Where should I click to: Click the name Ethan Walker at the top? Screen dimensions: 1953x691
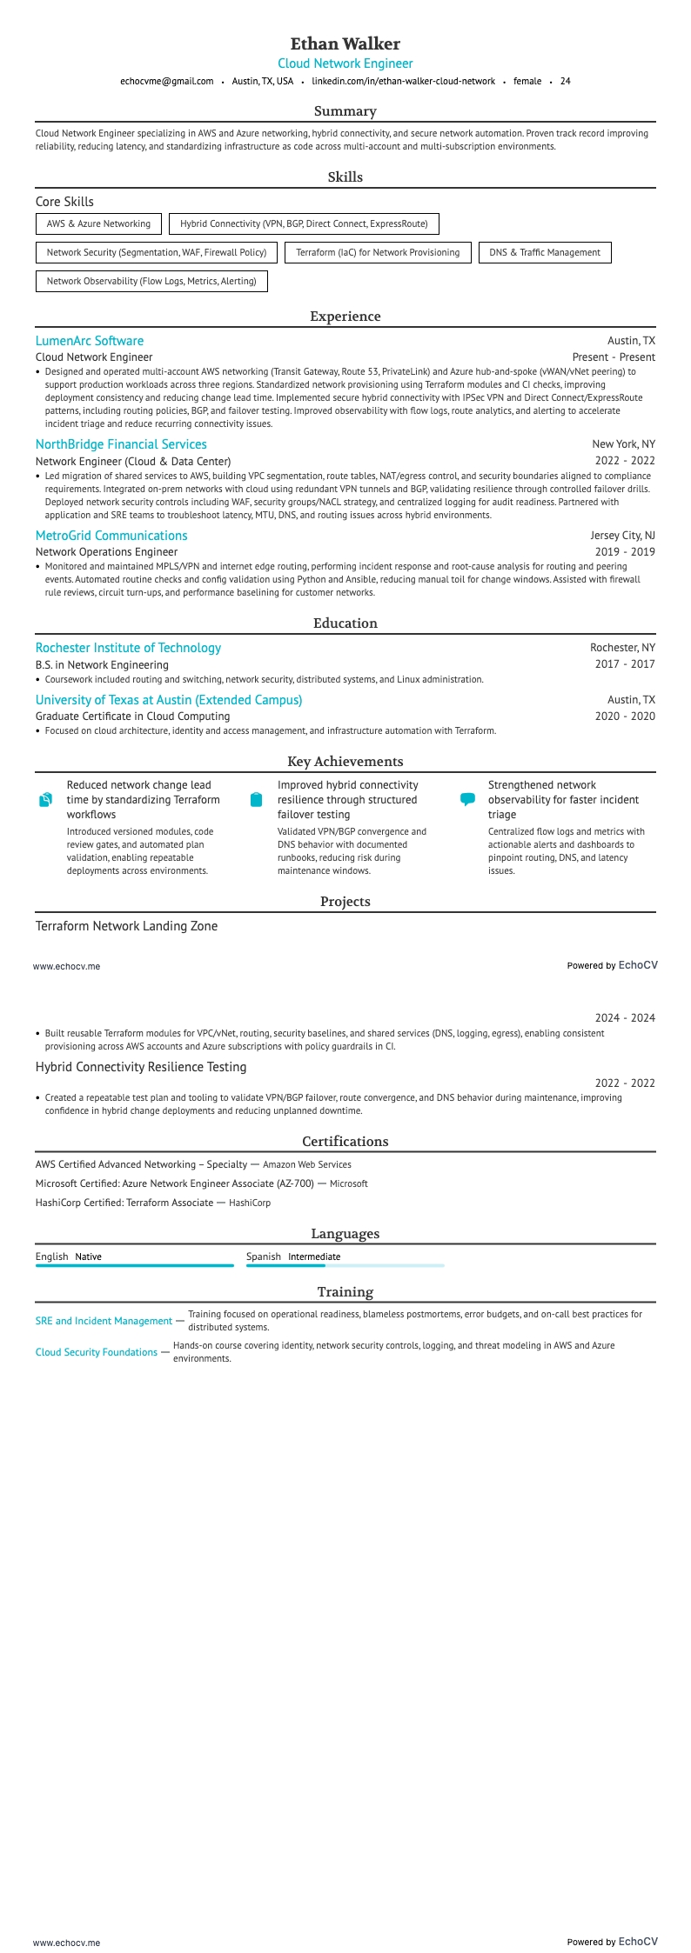point(345,43)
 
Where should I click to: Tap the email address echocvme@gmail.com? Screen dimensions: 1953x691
point(166,81)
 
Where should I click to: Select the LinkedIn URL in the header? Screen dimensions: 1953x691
point(403,81)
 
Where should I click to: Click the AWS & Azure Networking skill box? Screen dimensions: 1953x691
point(98,224)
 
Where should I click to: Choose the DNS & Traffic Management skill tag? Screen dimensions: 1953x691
point(545,253)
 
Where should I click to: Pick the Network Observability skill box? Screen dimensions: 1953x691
point(151,282)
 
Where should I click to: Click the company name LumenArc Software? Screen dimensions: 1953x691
point(90,341)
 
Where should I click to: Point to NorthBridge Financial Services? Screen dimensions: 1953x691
point(121,444)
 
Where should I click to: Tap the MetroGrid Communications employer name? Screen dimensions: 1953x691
point(111,536)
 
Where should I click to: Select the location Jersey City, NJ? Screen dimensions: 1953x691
point(622,536)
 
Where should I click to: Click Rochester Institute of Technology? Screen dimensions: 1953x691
point(128,648)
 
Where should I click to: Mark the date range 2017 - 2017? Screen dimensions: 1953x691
point(625,664)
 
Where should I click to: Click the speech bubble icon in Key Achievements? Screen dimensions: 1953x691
point(467,799)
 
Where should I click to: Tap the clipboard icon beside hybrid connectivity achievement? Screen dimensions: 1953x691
point(256,799)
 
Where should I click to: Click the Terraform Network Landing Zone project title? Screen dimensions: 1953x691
point(126,926)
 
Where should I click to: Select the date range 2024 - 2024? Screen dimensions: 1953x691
point(625,1018)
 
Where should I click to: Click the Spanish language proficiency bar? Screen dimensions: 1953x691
point(345,1266)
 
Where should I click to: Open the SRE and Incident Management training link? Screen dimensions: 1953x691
point(104,1321)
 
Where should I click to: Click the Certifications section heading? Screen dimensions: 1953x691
point(345,1142)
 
